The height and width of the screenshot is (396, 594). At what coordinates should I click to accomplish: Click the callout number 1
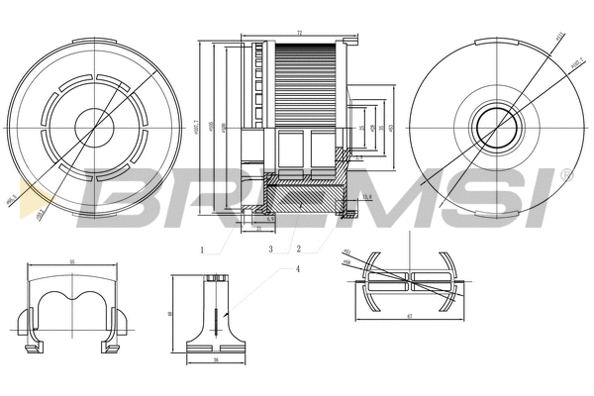click(202, 249)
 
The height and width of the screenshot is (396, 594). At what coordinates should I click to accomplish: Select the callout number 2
click(298, 249)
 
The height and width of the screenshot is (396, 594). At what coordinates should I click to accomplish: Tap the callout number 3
click(269, 249)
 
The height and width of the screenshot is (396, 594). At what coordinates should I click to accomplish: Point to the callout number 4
click(297, 268)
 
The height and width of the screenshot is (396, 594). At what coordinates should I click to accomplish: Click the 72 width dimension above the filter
click(299, 34)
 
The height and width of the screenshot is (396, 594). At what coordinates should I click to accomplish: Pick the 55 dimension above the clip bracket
click(71, 263)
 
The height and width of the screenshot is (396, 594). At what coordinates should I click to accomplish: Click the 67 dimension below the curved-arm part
click(409, 315)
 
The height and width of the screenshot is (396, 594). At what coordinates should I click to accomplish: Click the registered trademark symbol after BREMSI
click(565, 174)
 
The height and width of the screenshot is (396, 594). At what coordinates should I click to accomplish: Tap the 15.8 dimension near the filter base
click(366, 198)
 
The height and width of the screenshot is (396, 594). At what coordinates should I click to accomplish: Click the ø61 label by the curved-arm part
click(347, 253)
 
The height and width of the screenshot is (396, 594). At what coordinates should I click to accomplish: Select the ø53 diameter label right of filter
click(392, 127)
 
